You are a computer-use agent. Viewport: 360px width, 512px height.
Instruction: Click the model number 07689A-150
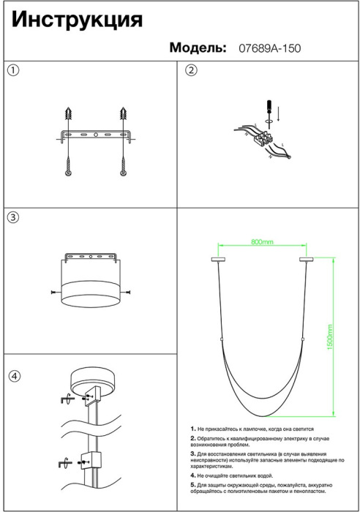(270, 48)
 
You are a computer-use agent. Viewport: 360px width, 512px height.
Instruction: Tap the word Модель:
(198, 48)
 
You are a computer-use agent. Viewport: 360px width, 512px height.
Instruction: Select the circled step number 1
(13, 70)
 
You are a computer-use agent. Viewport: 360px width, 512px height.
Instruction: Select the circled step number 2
(192, 70)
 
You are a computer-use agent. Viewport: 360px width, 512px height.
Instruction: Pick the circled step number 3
(13, 217)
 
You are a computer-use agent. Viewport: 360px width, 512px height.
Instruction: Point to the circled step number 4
(14, 376)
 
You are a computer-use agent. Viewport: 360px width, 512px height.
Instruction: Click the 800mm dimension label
(262, 242)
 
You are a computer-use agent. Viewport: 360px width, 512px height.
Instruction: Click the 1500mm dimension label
(329, 337)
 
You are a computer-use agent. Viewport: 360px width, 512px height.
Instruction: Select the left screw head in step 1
(68, 173)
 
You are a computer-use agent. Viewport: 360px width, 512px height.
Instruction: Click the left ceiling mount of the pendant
(218, 260)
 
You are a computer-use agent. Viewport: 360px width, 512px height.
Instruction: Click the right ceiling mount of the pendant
(306, 260)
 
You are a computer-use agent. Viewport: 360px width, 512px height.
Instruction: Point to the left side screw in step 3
(56, 292)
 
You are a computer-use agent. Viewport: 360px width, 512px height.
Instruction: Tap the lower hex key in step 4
(64, 463)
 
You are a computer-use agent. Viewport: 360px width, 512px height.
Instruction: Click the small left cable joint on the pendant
(221, 340)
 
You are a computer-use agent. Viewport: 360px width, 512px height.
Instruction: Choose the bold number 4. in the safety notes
(193, 475)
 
